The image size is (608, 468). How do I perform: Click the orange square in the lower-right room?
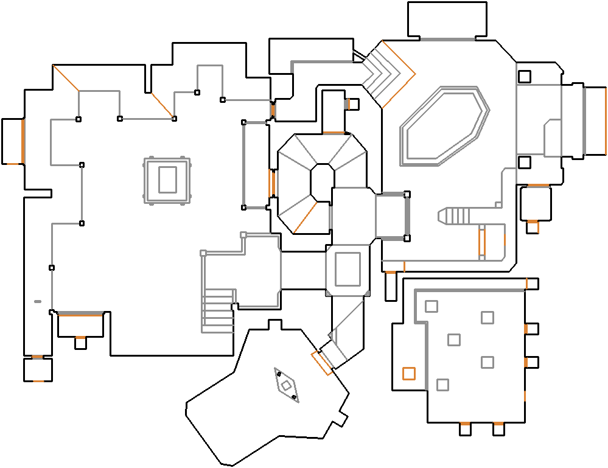[x=408, y=373]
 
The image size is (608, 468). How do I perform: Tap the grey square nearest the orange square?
[x=442, y=385]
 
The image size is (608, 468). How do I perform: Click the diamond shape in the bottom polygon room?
[x=285, y=385]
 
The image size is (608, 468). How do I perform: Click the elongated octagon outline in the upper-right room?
[x=445, y=125]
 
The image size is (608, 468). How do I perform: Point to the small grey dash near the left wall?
[x=38, y=301]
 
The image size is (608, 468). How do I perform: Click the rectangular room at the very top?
[x=447, y=19]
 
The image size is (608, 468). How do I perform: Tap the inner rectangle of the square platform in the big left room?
[x=167, y=180]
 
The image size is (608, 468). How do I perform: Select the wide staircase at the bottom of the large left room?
[x=218, y=310]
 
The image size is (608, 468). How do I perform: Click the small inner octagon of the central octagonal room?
[x=322, y=181]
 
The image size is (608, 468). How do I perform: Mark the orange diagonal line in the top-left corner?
[x=66, y=78]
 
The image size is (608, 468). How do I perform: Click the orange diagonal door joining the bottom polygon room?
[x=320, y=363]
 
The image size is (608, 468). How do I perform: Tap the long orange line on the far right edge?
[x=606, y=120]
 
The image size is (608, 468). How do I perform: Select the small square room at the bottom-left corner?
[x=38, y=369]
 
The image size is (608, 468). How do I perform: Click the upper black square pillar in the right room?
[x=524, y=77]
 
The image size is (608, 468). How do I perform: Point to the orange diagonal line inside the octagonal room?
[x=306, y=217]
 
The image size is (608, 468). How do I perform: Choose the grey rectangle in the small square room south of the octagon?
[x=348, y=269]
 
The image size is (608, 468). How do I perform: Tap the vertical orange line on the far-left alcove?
[x=23, y=141]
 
